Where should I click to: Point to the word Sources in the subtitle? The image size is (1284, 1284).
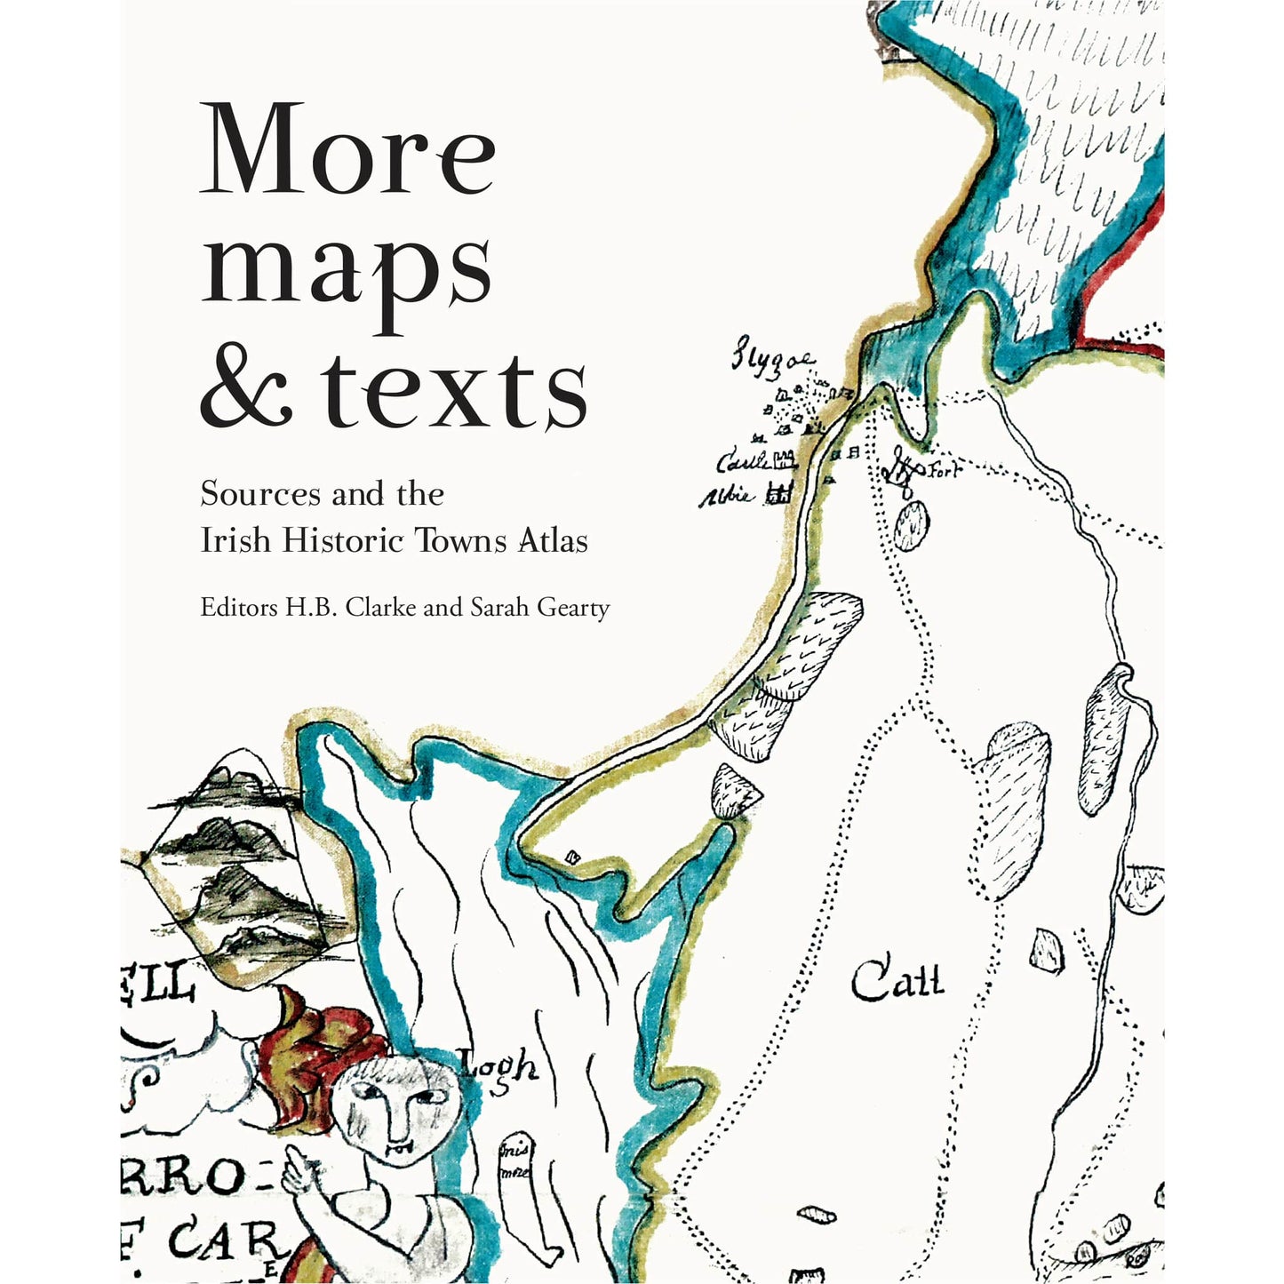[259, 493]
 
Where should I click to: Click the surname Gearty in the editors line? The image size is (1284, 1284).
[574, 610]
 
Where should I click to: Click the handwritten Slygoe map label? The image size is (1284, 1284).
[771, 362]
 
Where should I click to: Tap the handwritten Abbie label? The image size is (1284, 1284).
[727, 496]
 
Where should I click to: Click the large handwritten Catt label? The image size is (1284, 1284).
[897, 982]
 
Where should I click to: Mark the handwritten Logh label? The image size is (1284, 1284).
[498, 1066]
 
